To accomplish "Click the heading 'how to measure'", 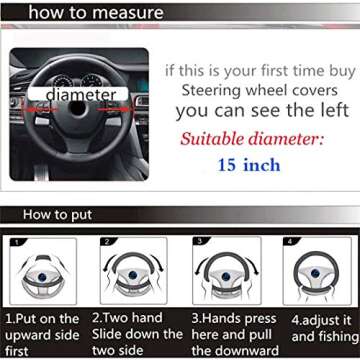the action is pyautogui.click(x=96, y=13).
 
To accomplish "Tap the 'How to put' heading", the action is pyautogui.click(x=57, y=215).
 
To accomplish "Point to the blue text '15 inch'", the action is pyautogui.click(x=249, y=165).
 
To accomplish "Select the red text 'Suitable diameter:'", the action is pyautogui.click(x=252, y=138).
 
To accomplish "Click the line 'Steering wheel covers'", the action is pyautogui.click(x=260, y=91).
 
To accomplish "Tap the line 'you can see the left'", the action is pyautogui.click(x=263, y=111).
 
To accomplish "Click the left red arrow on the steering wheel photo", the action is pyautogui.click(x=39, y=109).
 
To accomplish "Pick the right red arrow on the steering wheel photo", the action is pyautogui.click(x=113, y=109).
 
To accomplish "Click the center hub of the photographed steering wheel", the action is pyautogui.click(x=78, y=109).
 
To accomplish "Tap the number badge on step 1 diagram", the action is pyautogui.click(x=16, y=242).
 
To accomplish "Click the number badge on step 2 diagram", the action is pyautogui.click(x=108, y=242).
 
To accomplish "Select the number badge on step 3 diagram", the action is pyautogui.click(x=200, y=241).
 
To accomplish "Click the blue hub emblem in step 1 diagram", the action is pyautogui.click(x=42, y=276).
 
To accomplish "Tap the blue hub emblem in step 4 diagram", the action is pyautogui.click(x=315, y=273).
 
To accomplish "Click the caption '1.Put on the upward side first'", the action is pyautogui.click(x=42, y=335).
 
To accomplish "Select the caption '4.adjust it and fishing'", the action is pyautogui.click(x=325, y=329).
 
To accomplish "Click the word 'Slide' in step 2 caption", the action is pyautogui.click(x=108, y=334).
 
